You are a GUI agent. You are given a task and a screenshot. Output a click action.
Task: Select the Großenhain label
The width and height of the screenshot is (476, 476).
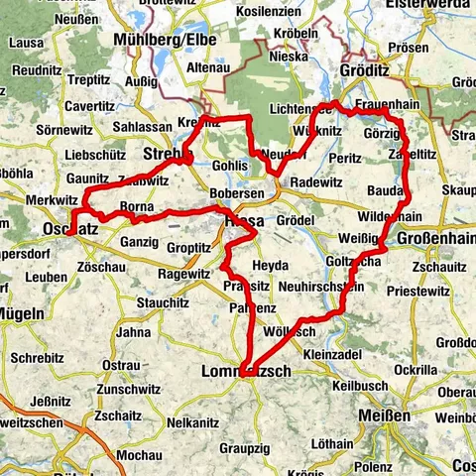[x=434, y=240]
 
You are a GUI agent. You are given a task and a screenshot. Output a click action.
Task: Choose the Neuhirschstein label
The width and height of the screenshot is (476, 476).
[x=307, y=286]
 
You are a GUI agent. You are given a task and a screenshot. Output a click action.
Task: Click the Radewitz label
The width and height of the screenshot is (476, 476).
[x=315, y=182]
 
